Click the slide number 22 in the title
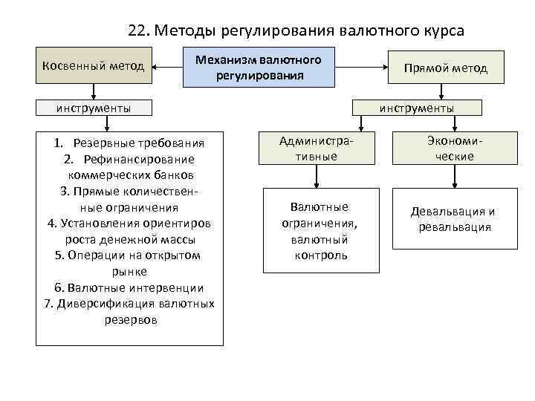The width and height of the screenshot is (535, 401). (137, 30)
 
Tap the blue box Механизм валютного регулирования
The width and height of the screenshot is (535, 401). (258, 67)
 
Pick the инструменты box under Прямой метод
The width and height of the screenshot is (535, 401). (417, 108)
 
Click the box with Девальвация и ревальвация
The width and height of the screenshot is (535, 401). (453, 219)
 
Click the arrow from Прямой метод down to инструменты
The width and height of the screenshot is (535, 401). (443, 91)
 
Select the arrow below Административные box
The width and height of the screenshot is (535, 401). (317, 176)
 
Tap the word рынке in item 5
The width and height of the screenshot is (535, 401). (129, 271)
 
